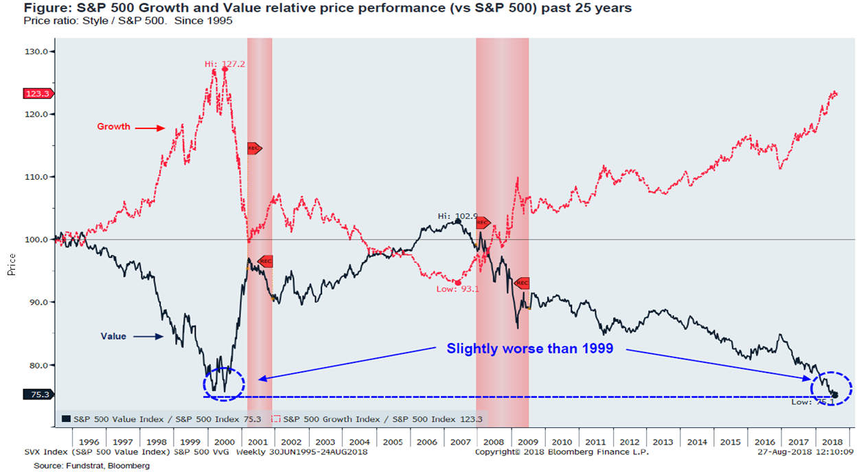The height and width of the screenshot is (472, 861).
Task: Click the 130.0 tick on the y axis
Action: coord(36,51)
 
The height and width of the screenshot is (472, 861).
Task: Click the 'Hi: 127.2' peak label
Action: coord(225,64)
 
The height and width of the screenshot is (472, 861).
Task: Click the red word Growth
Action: coord(113,127)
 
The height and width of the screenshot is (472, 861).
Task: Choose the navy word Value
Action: coord(113,336)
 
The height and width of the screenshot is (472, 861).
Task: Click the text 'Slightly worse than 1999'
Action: coord(529,349)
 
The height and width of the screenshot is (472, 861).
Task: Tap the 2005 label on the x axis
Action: coord(393,442)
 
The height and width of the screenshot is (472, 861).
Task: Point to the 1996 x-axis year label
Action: coord(89,442)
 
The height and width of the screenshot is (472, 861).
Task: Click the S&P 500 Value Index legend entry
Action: coord(163,418)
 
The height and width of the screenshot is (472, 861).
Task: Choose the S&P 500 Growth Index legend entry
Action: coord(380,418)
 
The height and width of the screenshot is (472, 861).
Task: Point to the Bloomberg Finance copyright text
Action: coord(562,452)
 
